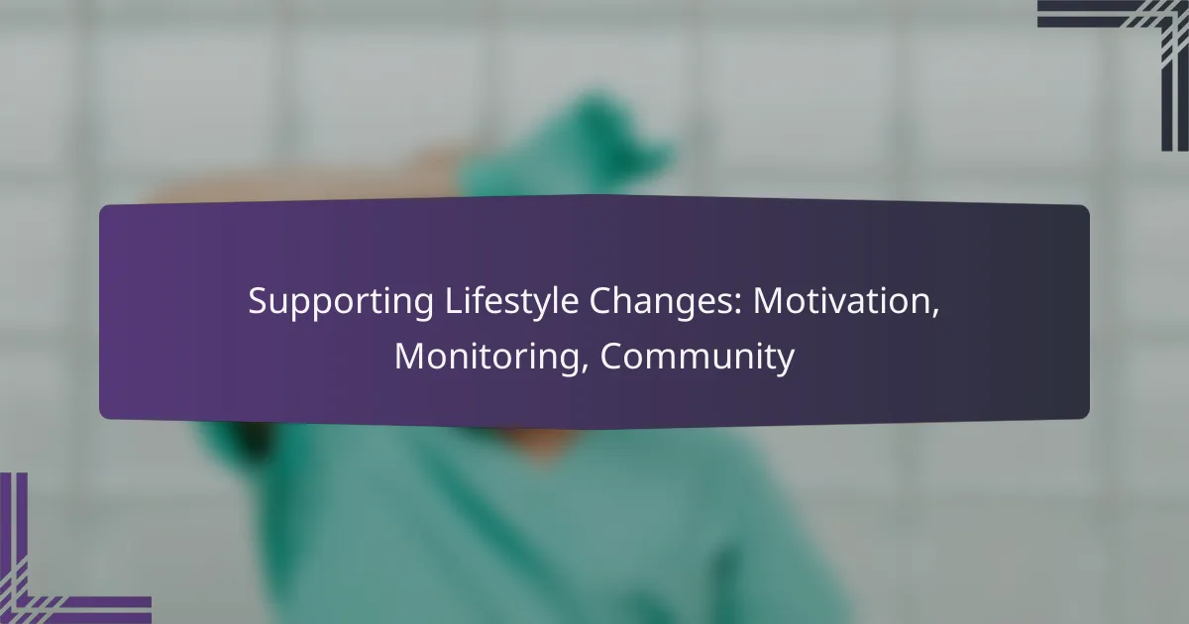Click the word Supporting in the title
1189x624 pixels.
(x=341, y=302)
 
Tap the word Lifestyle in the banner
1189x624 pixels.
(x=511, y=302)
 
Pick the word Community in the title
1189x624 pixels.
(x=697, y=358)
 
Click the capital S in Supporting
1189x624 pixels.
(x=259, y=300)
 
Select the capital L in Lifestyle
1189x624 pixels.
(x=454, y=300)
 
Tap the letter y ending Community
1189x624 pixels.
(x=785, y=363)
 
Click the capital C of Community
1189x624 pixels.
(x=612, y=356)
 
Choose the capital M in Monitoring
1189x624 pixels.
(x=410, y=356)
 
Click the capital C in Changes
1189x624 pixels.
(x=601, y=300)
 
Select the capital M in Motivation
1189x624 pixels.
(x=769, y=300)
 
